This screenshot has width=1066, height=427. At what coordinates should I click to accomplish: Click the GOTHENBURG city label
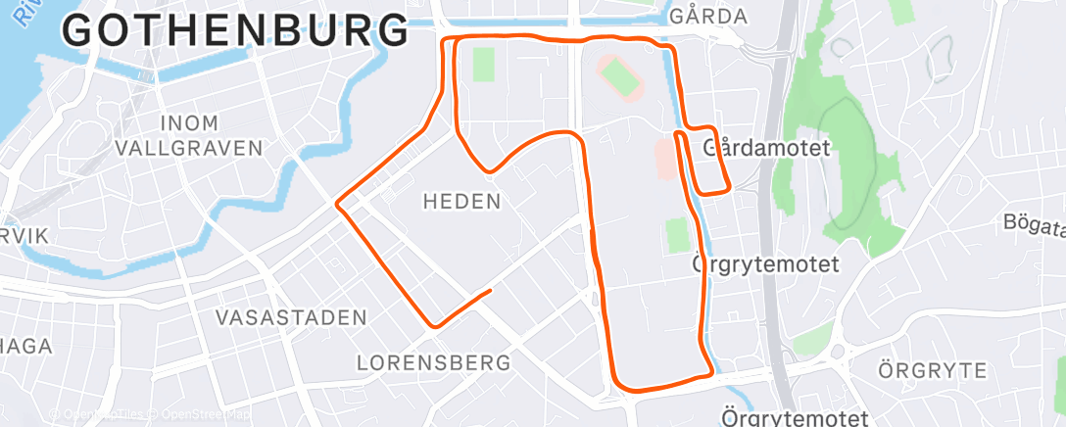[x=236, y=31]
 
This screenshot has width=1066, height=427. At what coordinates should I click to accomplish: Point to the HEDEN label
[x=461, y=202]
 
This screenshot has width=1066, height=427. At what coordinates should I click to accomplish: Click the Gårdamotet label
[x=767, y=149]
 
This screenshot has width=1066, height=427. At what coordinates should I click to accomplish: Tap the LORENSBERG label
[x=434, y=362]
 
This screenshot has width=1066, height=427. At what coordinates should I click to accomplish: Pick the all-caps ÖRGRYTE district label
[x=932, y=370]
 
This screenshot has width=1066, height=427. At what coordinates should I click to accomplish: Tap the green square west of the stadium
[x=484, y=65]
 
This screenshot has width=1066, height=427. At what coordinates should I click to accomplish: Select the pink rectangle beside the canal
[x=666, y=158]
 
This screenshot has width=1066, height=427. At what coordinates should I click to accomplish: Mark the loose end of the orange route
[x=489, y=290]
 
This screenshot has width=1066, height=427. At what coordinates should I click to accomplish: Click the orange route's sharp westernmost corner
[x=337, y=204]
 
